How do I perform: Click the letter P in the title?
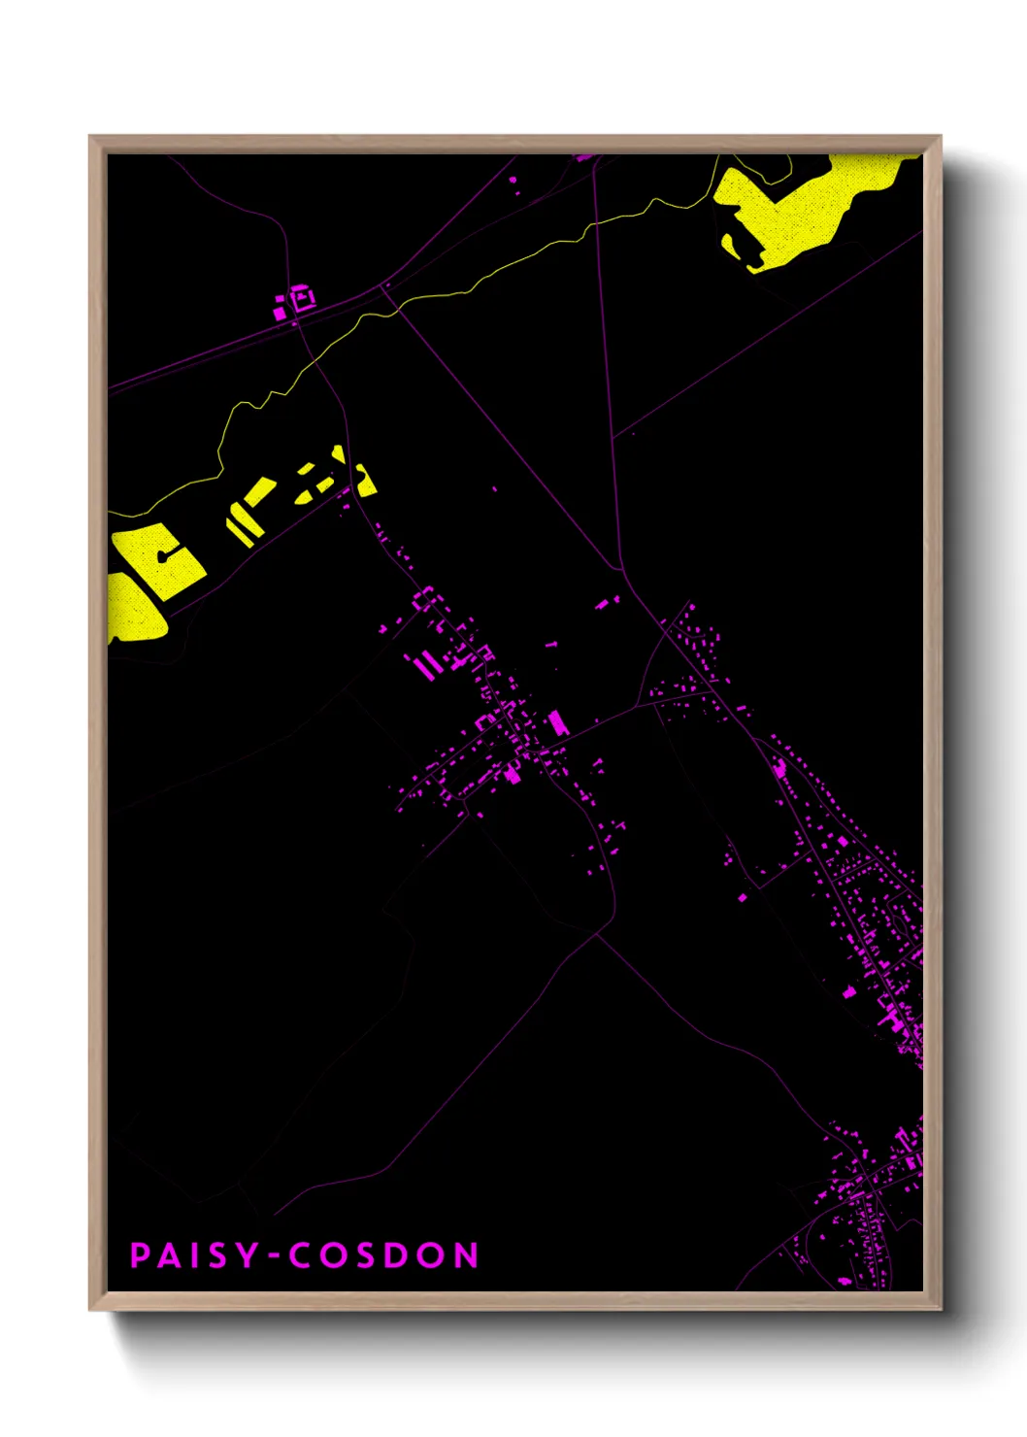139,1255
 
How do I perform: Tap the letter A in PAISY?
171,1255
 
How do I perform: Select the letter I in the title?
195,1255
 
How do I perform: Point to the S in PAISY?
217,1255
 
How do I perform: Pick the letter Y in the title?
248,1255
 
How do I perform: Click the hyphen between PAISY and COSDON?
275,1256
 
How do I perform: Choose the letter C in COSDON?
301,1255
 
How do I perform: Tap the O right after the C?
336,1255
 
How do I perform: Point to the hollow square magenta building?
302,298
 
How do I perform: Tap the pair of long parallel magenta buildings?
425,665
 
